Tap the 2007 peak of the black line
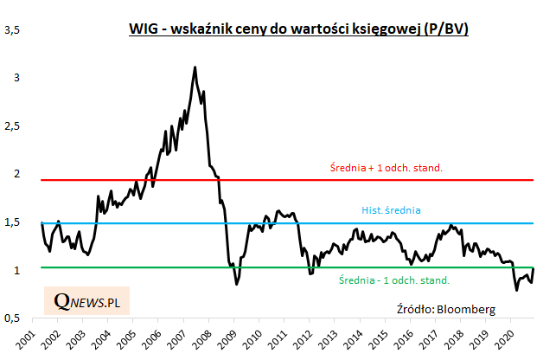point(195,67)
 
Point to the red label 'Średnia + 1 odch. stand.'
point(387,167)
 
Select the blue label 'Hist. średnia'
point(391,209)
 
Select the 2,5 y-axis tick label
point(13,125)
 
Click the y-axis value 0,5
point(13,318)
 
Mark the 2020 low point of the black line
point(517,289)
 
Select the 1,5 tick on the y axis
point(13,222)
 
